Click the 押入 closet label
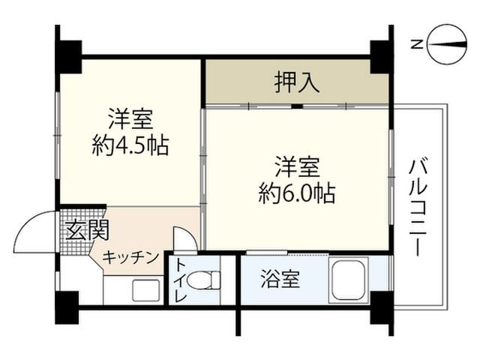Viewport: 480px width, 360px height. [x=297, y=82]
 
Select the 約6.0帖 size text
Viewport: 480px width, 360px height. [x=297, y=193]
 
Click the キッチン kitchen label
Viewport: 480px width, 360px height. [x=130, y=258]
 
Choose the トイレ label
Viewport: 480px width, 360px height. [x=181, y=280]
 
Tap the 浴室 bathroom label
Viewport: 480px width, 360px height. [x=280, y=279]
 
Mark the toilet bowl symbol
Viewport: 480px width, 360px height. [x=204, y=280]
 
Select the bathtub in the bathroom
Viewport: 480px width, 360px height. [x=349, y=280]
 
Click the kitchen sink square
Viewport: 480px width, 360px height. [x=146, y=290]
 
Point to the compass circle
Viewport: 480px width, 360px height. [x=448, y=45]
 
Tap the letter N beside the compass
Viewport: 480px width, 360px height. [x=417, y=45]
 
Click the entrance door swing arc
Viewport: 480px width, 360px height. [x=29, y=223]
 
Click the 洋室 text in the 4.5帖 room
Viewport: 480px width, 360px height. [x=130, y=119]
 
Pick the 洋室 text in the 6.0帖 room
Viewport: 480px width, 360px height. [x=297, y=166]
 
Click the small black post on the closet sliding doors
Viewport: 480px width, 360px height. [x=297, y=106]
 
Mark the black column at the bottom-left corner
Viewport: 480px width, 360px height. [x=67, y=307]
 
